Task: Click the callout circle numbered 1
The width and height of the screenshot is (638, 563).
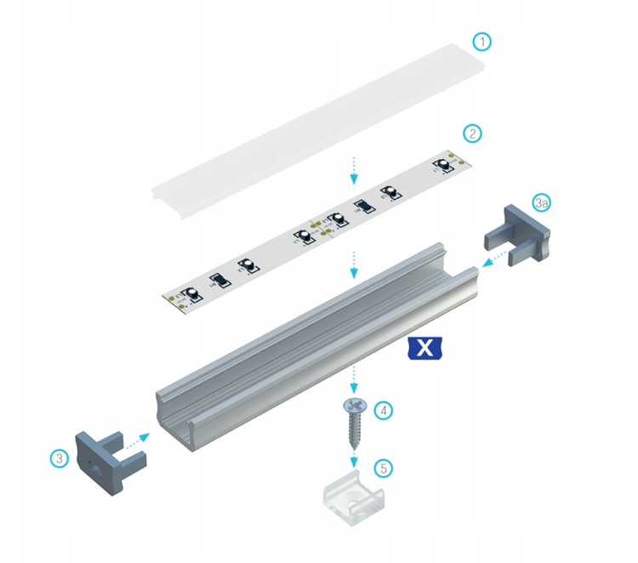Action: [482, 42]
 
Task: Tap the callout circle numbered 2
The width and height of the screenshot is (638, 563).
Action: [472, 134]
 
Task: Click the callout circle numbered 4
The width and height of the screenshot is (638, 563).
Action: [385, 410]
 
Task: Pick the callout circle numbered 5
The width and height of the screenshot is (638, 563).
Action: [384, 467]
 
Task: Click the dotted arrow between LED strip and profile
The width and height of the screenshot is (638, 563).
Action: [355, 265]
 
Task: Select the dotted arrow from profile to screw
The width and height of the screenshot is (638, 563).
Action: [355, 378]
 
